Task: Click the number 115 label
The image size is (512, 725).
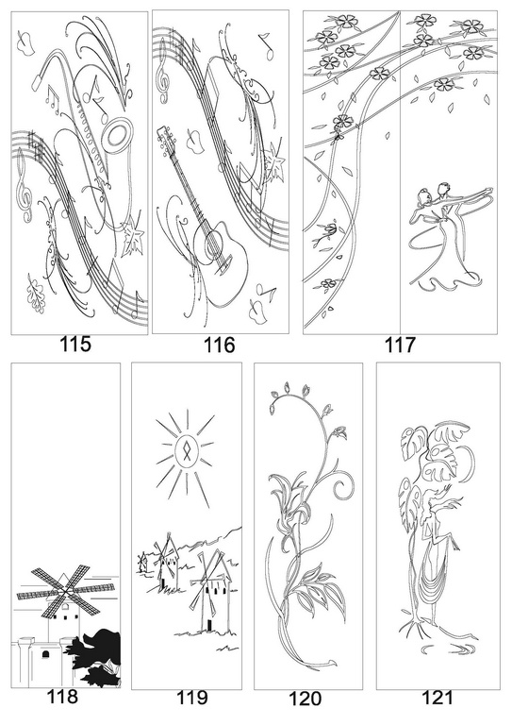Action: [x=75, y=345]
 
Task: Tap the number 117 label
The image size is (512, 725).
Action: [x=400, y=345]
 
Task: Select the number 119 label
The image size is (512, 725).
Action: [x=192, y=698]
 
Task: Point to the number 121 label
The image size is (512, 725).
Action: [x=438, y=698]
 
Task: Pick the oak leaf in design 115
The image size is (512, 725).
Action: [x=36, y=294]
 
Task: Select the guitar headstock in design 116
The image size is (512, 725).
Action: [x=165, y=139]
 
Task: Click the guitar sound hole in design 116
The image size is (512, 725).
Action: [x=213, y=242]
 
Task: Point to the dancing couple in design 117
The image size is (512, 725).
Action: [x=445, y=237]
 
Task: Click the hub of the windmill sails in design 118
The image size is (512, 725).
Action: [x=66, y=590]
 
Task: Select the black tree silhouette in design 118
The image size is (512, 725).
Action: [x=98, y=657]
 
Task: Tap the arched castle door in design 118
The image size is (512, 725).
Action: [x=45, y=654]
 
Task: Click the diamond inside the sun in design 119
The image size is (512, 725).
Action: [x=186, y=451]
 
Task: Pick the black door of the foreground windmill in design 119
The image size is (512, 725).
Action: [x=208, y=625]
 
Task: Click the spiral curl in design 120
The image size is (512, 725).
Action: [x=342, y=485]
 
